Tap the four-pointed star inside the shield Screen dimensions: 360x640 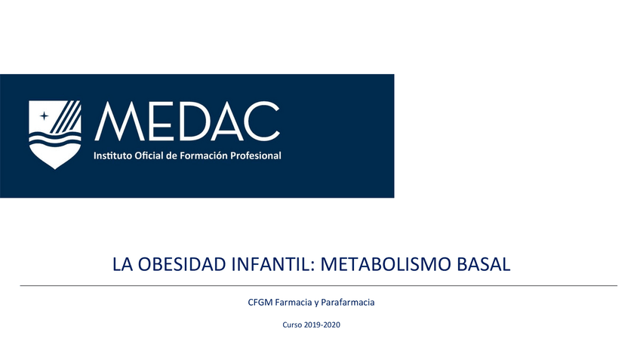coord(44,115)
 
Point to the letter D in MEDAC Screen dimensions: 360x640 coord(186,123)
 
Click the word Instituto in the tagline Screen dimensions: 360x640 coord(111,155)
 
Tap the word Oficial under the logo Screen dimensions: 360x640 coord(149,155)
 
